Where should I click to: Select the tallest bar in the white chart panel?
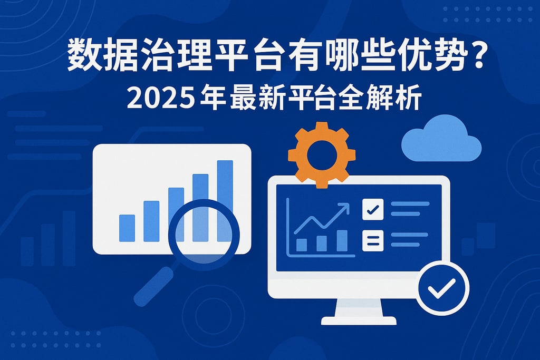point(225,200)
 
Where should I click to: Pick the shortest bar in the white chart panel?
point(127,228)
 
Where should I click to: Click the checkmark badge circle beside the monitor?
point(442,288)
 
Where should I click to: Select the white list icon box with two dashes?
point(373,240)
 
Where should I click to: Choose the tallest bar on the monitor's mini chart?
point(342,240)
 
